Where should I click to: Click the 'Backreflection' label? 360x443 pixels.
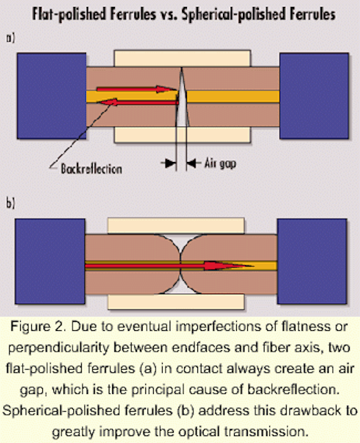pyautogui.click(x=91, y=169)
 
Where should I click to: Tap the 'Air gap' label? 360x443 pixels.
pyautogui.click(x=220, y=163)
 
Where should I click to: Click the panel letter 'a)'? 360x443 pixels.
pyautogui.click(x=10, y=38)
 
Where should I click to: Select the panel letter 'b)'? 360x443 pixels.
pyautogui.click(x=10, y=203)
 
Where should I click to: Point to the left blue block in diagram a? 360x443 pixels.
pyautogui.click(x=51, y=96)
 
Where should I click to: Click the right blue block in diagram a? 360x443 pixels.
pyautogui.click(x=314, y=96)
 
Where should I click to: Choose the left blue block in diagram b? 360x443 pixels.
pyautogui.click(x=50, y=262)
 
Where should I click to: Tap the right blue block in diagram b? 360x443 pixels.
pyautogui.click(x=312, y=262)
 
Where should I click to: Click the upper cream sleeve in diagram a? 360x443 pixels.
pyautogui.click(x=182, y=58)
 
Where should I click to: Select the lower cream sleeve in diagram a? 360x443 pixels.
pyautogui.click(x=182, y=135)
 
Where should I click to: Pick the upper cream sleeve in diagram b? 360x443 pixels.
pyautogui.click(x=176, y=226)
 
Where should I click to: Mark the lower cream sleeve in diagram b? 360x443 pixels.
pyautogui.click(x=176, y=302)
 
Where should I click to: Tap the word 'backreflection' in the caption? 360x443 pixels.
pyautogui.click(x=294, y=390)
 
